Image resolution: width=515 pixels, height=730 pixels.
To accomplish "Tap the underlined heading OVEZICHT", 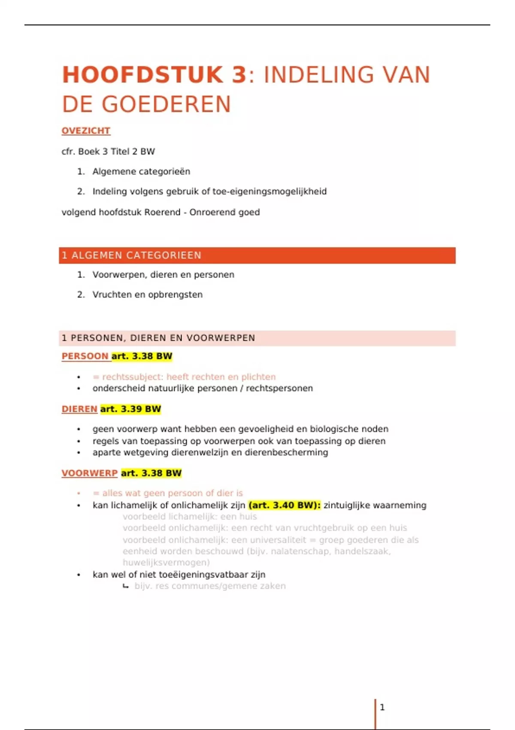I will (86, 131).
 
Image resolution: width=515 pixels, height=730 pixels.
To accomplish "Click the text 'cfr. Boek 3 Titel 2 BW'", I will (108, 152).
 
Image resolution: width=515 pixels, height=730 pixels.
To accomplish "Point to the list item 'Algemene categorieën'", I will (141, 171).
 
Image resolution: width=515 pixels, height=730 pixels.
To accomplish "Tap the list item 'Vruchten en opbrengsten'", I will (147, 295).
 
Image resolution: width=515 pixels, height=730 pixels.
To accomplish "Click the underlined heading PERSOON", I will (85, 356).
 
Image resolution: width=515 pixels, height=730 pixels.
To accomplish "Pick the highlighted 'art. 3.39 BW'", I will (130, 409).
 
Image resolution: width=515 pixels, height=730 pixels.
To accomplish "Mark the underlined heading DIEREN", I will (79, 409).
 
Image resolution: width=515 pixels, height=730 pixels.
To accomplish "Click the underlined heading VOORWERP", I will (89, 473).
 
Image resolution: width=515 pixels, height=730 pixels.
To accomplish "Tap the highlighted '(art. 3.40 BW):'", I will (285, 505).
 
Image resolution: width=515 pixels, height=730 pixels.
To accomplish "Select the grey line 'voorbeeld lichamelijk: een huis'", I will (190, 517).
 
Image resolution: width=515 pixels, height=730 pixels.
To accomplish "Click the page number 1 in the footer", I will (382, 707).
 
